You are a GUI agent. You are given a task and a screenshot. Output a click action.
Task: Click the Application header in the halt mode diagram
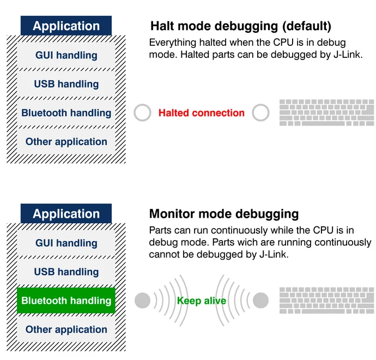tap(66, 26)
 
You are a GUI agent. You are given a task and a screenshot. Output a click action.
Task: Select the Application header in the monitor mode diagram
tap(66, 213)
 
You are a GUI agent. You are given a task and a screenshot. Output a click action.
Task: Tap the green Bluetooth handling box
tap(66, 301)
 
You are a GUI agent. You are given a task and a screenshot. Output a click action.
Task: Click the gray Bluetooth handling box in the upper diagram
tap(66, 113)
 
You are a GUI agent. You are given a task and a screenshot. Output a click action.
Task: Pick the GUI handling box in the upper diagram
tap(66, 55)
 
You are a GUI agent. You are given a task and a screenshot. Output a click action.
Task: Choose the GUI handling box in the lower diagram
tap(66, 243)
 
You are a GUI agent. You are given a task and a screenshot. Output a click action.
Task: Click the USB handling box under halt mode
tap(66, 84)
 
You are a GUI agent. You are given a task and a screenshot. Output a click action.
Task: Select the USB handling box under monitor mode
tap(66, 272)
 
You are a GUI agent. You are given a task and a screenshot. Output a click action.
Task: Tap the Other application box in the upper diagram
tap(66, 142)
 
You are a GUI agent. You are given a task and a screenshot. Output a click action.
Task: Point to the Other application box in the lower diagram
tap(66, 329)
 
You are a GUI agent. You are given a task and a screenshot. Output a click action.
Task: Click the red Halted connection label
tap(201, 113)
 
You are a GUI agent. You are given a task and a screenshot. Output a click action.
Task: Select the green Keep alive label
tap(201, 301)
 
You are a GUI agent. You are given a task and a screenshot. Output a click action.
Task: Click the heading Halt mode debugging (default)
tap(240, 26)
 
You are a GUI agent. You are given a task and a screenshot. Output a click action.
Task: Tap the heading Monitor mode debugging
tap(223, 213)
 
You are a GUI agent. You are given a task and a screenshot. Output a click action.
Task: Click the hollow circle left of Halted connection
tap(142, 113)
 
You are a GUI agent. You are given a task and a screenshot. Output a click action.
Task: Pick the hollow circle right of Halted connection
tap(261, 113)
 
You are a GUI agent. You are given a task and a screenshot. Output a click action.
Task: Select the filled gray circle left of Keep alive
tap(142, 300)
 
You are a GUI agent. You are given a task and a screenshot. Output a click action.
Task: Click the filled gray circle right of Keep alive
tap(261, 300)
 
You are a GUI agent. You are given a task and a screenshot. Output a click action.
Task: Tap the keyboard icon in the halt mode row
tap(326, 112)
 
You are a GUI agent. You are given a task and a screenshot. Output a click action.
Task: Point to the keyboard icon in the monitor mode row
tap(326, 300)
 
